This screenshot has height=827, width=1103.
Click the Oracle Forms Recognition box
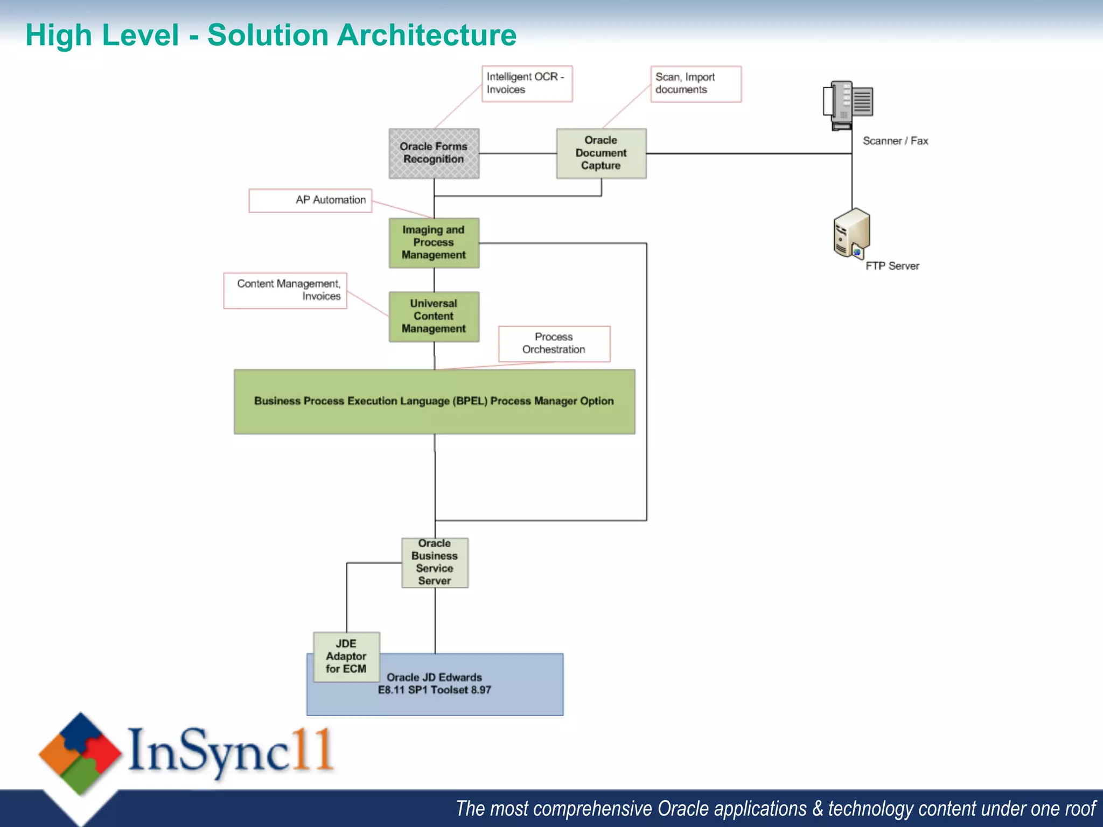click(434, 153)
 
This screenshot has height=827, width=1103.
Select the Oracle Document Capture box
click(601, 153)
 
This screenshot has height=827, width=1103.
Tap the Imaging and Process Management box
click(434, 243)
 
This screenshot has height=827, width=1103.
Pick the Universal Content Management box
click(434, 317)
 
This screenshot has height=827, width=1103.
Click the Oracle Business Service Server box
click(435, 563)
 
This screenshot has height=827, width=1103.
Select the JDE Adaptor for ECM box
click(346, 656)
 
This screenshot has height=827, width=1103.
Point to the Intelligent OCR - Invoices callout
click(526, 83)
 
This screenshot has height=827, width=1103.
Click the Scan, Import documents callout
click(695, 84)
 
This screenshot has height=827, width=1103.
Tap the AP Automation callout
click(310, 200)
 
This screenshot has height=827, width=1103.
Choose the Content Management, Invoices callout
click(285, 291)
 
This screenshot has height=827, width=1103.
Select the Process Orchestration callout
click(554, 344)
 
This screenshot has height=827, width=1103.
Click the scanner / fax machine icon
click(848, 105)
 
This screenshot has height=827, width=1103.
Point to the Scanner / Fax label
click(895, 141)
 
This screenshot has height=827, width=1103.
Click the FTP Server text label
click(892, 266)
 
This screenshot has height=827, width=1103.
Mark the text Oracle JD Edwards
click(434, 677)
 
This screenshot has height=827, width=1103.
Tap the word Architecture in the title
click(427, 36)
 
